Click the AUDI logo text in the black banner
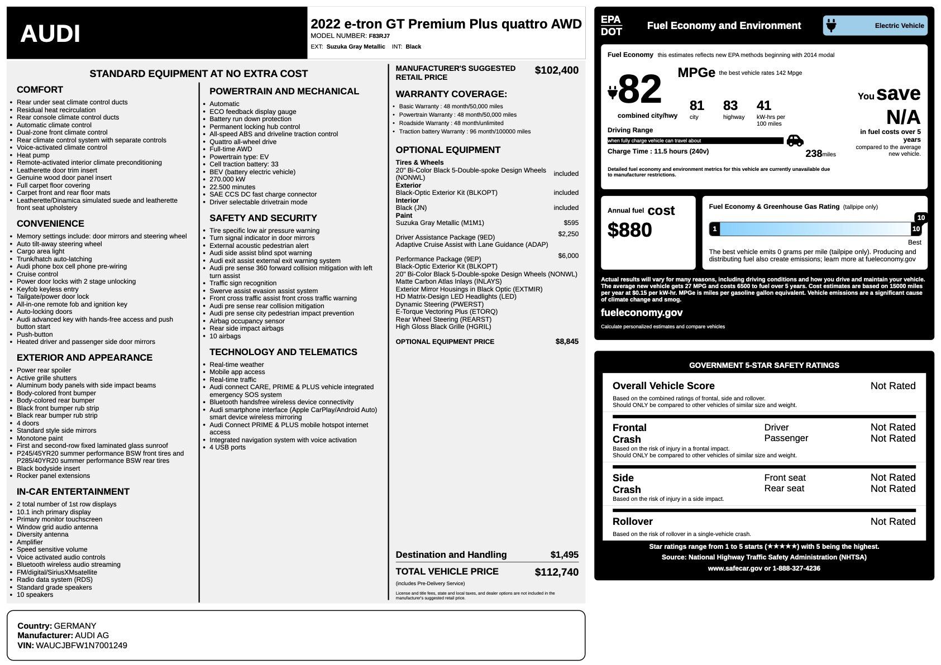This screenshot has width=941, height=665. [50, 34]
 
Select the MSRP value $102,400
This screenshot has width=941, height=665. [556, 70]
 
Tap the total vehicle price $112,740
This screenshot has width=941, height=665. [556, 572]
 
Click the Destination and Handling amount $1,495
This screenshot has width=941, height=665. [564, 554]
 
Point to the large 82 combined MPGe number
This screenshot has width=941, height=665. [640, 89]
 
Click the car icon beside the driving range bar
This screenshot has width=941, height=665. [795, 141]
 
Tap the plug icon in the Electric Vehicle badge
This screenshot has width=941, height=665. [831, 26]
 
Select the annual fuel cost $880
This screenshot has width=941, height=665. [629, 230]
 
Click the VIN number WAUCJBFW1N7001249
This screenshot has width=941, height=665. [81, 645]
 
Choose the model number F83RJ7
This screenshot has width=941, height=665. [379, 36]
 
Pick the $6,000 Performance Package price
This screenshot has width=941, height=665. [568, 256]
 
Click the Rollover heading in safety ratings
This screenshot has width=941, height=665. [632, 522]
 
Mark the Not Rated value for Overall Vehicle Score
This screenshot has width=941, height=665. [892, 386]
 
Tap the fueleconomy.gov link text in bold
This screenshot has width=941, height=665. [641, 313]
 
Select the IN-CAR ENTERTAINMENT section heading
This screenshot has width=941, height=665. [73, 491]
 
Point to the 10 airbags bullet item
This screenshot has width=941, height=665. [225, 336]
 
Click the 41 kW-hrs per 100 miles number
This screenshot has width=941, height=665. [763, 106]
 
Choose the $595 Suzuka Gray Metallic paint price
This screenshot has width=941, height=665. [571, 223]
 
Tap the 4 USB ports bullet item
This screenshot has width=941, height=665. [227, 447]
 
